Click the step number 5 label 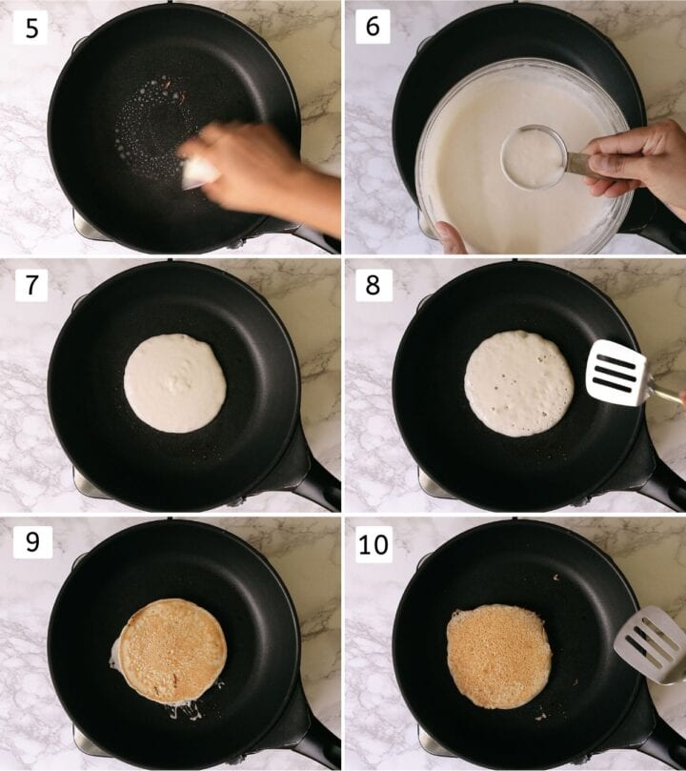[31, 28]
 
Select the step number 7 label [31, 285]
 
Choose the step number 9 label [31, 542]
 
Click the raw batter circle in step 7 [175, 383]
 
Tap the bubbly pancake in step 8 [519, 383]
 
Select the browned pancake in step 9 [172, 651]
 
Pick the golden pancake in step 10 [499, 656]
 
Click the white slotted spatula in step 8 [616, 373]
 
